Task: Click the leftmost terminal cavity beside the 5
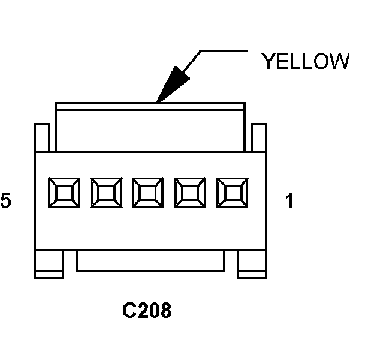62,194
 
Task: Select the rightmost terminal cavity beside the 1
232,194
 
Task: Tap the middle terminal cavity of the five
147,194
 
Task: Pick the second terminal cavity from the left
105,194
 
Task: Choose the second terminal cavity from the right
190,194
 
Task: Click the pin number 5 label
5,202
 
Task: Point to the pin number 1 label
289,202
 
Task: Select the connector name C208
147,311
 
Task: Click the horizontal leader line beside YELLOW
223,51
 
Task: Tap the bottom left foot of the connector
49,264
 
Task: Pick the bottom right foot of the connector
252,264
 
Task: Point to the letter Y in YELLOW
268,62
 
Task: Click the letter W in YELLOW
339,62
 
